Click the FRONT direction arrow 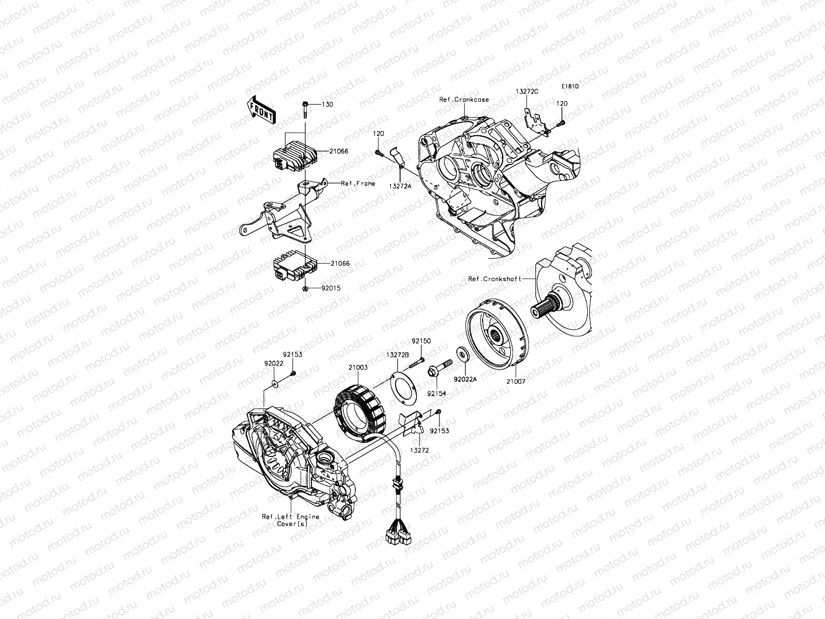tap(262, 110)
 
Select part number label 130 tap(327, 105)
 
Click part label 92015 tap(330, 288)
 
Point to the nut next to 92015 tap(305, 288)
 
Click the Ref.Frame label tap(358, 183)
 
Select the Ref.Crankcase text tap(464, 100)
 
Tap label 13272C tap(527, 91)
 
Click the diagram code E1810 tap(570, 87)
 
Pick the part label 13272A tap(400, 185)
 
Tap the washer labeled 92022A tap(463, 353)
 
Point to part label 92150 tap(421, 341)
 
